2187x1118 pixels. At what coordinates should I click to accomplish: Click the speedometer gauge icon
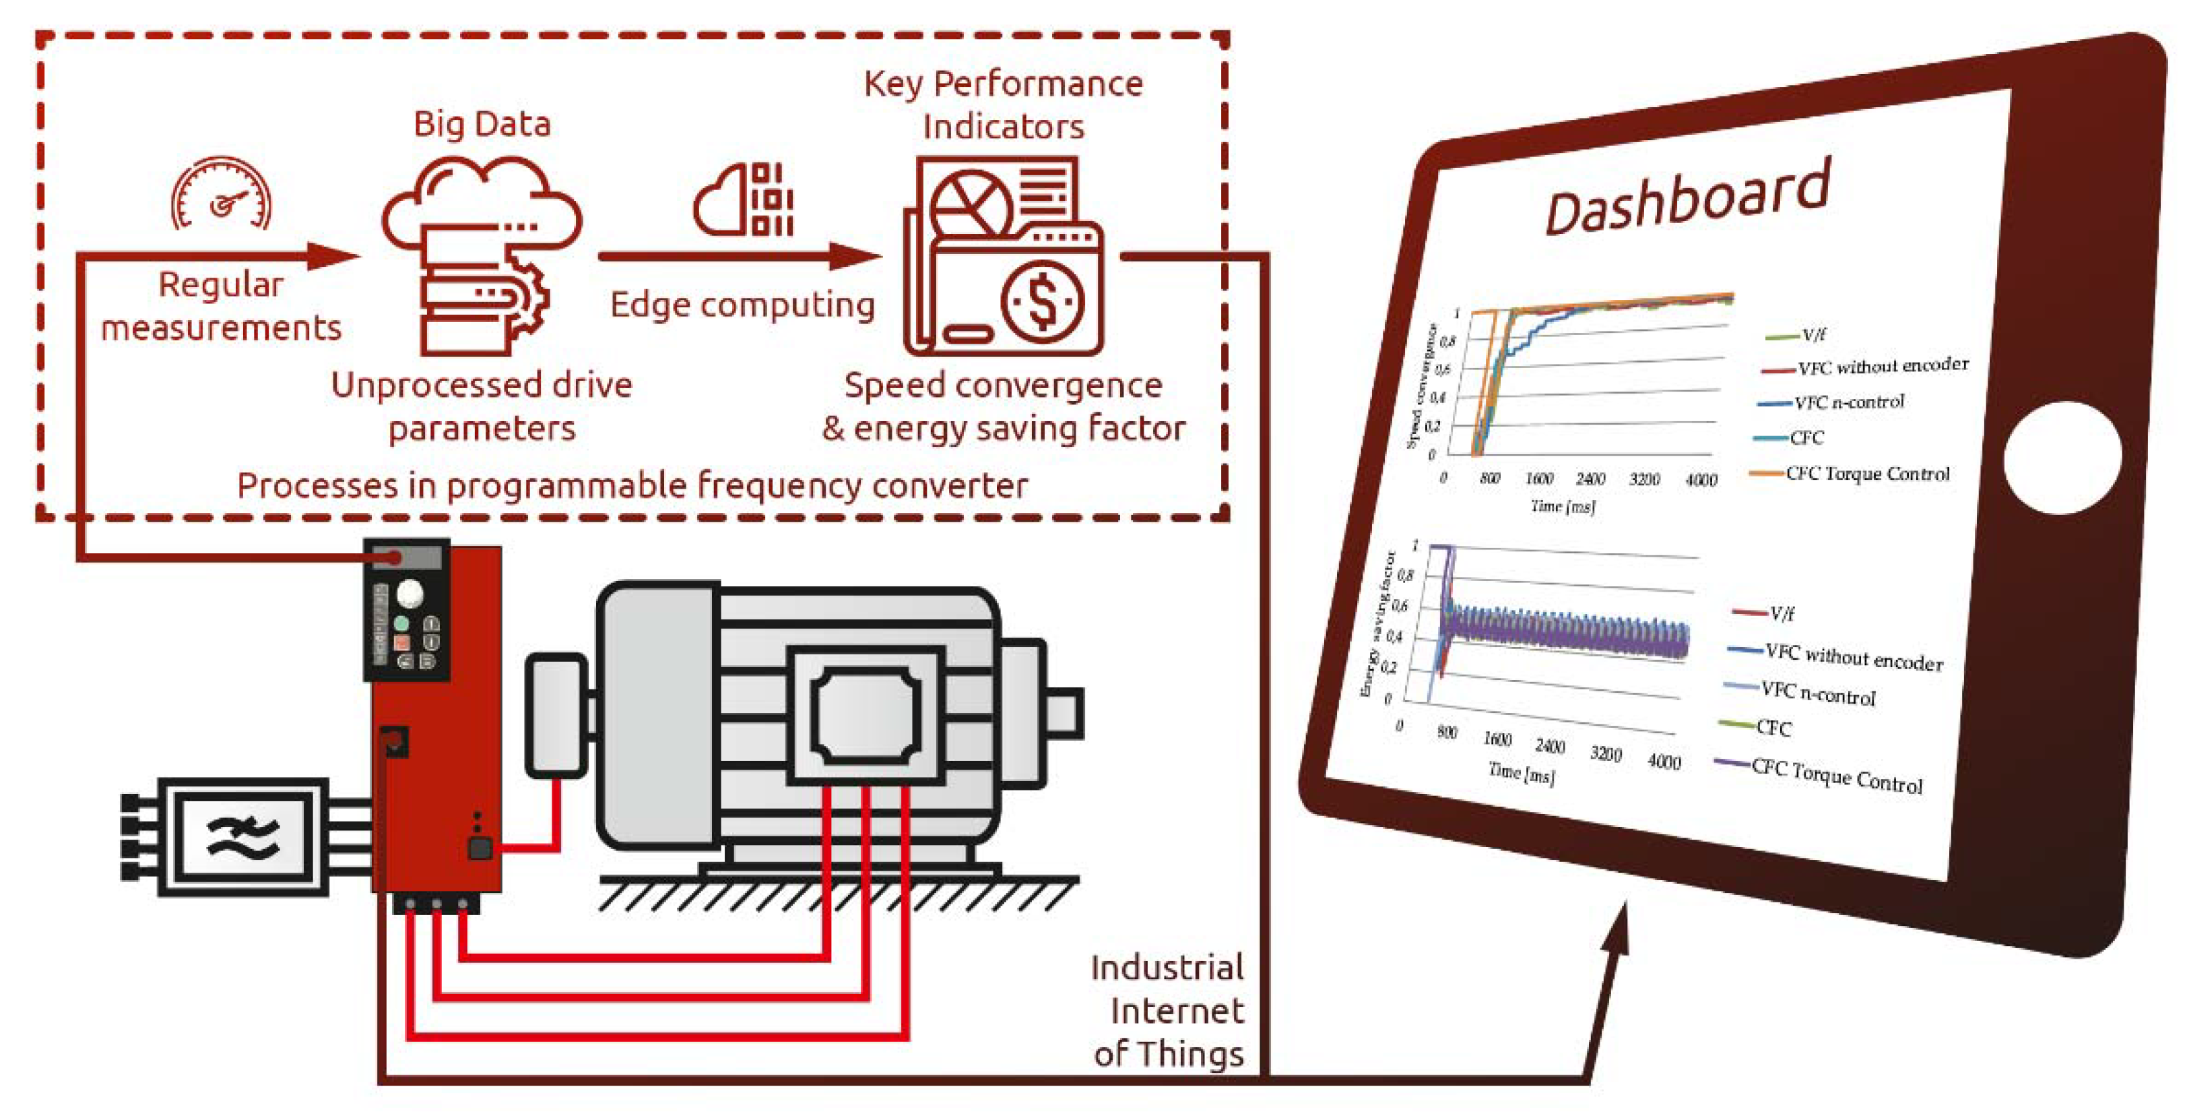(222, 195)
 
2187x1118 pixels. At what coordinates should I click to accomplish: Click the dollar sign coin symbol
(1043, 302)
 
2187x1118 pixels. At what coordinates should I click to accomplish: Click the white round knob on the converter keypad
(410, 593)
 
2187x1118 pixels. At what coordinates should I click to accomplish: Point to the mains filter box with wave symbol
(242, 837)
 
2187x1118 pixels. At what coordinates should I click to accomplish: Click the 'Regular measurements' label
(221, 306)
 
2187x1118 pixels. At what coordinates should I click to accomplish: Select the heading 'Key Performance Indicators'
(1004, 105)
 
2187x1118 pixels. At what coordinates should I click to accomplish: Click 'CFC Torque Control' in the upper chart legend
(1867, 474)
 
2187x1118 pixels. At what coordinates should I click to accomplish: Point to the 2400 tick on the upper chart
(1590, 479)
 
